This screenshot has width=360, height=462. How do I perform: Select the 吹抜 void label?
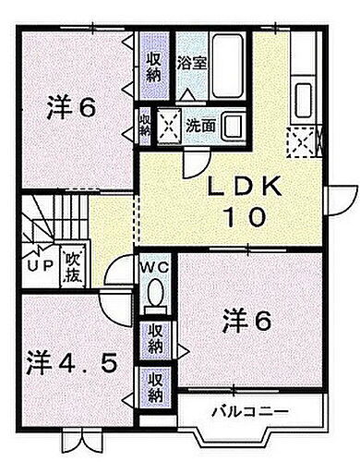(71, 268)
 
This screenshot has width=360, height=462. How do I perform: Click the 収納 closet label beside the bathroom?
(154, 66)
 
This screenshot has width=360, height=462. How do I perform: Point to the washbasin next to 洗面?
(234, 124)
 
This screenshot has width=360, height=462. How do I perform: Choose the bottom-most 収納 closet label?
(153, 386)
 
